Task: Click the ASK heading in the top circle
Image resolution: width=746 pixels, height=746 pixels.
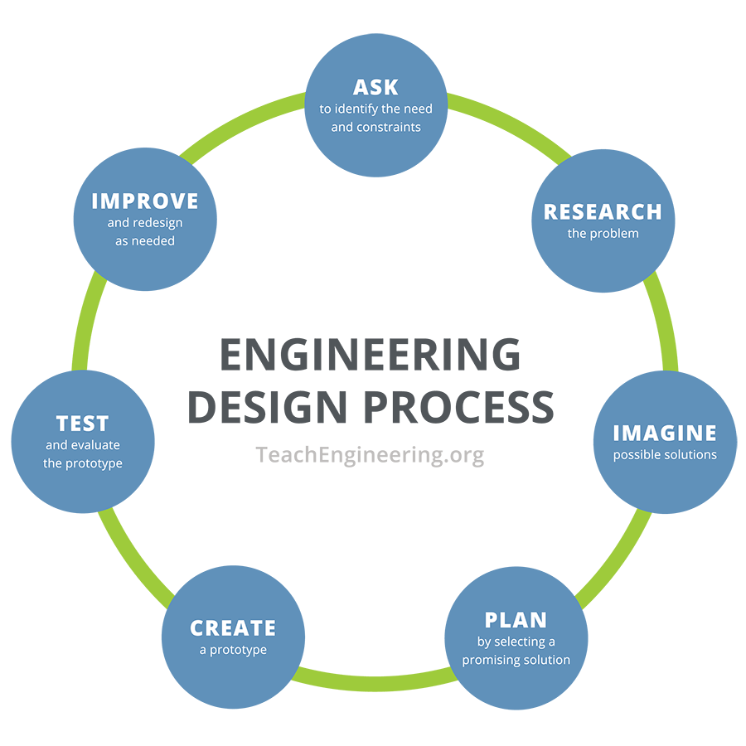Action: (375, 87)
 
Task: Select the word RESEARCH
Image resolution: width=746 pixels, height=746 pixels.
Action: (603, 212)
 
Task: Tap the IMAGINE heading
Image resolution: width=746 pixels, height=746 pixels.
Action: (664, 433)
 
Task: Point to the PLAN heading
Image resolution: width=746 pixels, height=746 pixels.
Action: (516, 620)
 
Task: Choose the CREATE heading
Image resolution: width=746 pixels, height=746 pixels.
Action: (233, 628)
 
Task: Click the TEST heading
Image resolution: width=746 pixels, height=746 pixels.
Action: (82, 424)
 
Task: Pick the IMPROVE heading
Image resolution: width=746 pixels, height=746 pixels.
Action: (145, 201)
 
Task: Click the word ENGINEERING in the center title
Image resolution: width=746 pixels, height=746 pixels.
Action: (371, 356)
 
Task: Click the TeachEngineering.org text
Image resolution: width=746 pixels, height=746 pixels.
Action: (370, 454)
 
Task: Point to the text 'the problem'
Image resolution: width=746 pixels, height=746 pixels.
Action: (603, 234)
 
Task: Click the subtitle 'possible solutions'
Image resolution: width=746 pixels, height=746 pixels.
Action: (665, 455)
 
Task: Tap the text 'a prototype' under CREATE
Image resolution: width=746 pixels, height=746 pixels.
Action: (233, 650)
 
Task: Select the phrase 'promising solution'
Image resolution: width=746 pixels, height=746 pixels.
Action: (516, 660)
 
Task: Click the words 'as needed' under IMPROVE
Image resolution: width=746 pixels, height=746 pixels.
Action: (145, 240)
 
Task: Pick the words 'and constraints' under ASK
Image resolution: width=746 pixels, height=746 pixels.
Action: (375, 127)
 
